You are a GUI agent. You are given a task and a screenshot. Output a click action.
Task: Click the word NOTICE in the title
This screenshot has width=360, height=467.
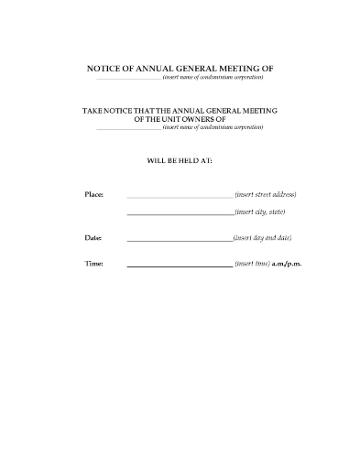point(106,68)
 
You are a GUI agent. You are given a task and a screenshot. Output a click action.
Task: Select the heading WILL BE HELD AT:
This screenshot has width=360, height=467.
point(180,158)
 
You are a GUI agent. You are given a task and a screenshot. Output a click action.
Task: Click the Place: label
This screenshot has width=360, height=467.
point(93,194)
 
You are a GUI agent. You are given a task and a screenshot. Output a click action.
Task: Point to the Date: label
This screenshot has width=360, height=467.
point(93,237)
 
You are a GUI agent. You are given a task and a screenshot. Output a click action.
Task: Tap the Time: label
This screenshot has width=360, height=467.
point(93,264)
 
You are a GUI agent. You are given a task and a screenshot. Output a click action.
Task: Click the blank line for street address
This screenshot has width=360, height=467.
point(179,196)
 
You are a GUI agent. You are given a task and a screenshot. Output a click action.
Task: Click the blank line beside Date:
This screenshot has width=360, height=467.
point(179,239)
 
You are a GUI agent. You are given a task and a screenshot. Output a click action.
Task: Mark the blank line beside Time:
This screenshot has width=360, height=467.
point(179,266)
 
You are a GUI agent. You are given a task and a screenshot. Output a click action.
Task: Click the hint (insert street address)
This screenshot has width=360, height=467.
point(266,194)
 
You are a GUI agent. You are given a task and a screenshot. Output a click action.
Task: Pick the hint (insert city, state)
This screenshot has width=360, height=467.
point(260,212)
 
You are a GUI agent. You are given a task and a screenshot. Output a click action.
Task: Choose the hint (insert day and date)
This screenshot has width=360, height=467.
point(263,237)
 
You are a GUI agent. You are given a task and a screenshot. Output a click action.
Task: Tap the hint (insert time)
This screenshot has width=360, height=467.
point(252,264)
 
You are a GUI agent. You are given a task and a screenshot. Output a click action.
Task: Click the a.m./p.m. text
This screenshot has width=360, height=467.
point(287,264)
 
